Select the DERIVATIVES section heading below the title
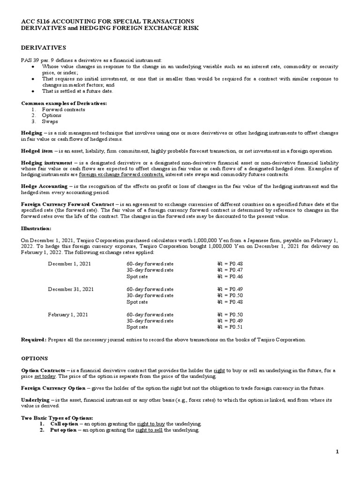tap(44, 48)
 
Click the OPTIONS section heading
tap(34, 358)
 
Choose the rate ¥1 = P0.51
tap(230, 327)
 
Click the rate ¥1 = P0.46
tap(230, 277)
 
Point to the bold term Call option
tap(63, 424)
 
